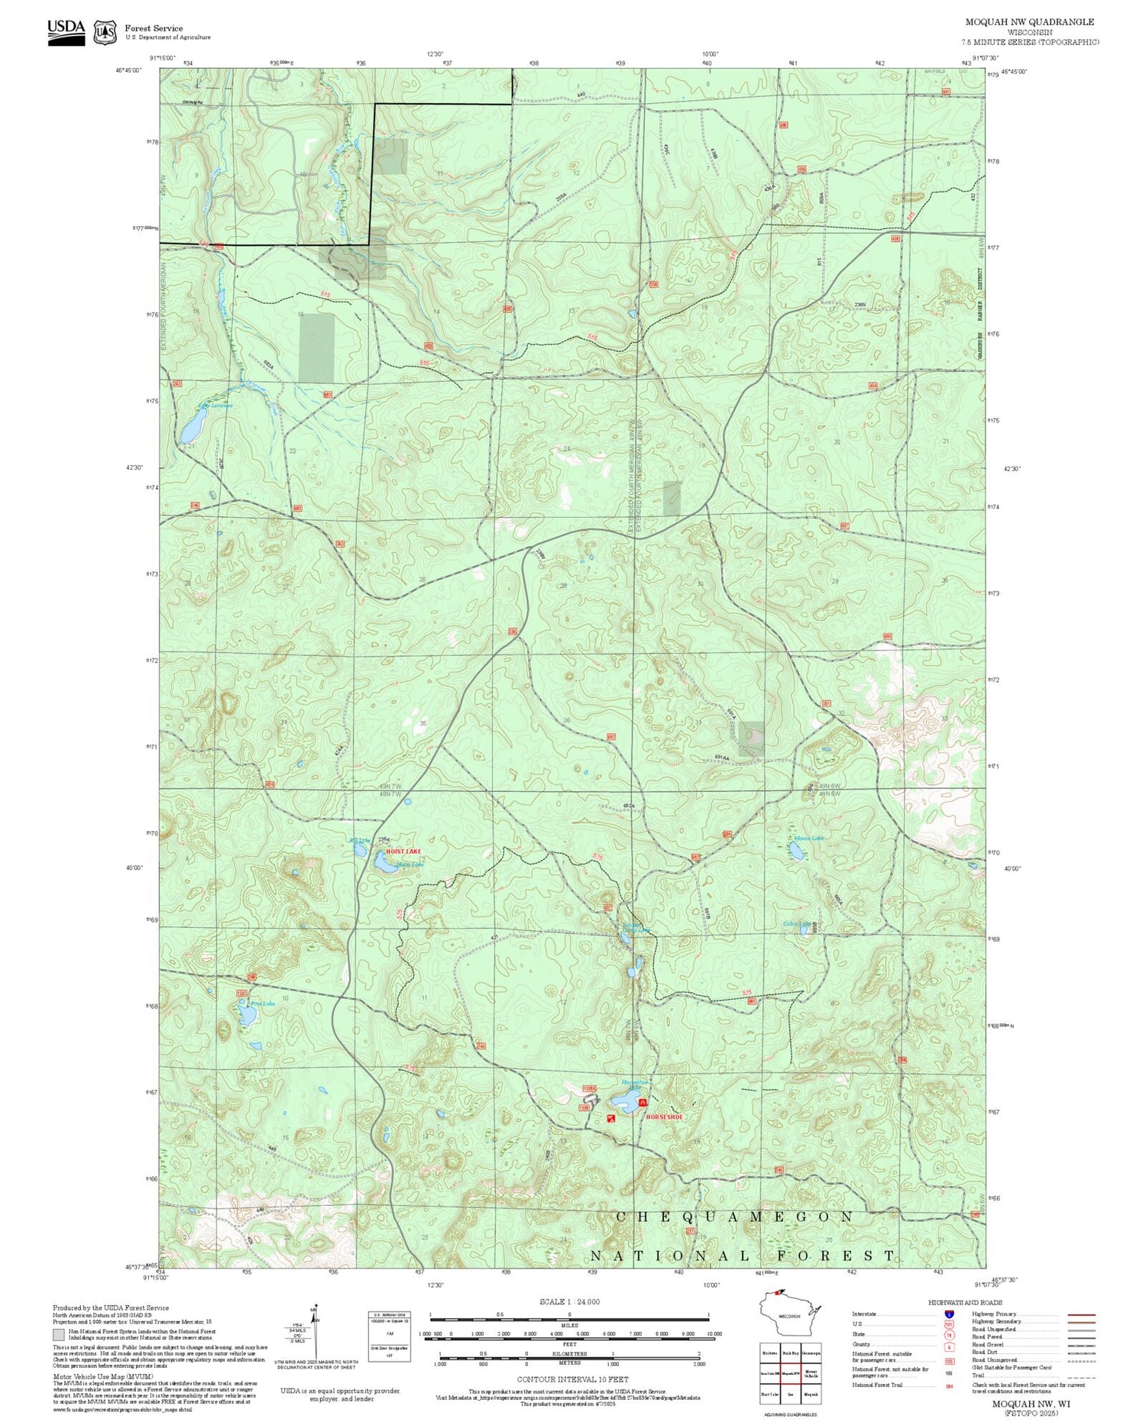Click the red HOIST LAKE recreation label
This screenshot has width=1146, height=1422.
coord(403,850)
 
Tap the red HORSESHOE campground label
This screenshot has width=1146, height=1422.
coord(664,1117)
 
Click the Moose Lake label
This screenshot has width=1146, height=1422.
coord(808,839)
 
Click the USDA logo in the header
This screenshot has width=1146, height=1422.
coord(66,31)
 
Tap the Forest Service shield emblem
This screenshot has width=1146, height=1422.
coord(105,32)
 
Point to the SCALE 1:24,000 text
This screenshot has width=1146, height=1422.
coord(569,1302)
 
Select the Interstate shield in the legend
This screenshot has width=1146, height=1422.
coord(949,1314)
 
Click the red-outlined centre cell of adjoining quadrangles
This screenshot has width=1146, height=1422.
coord(791,1372)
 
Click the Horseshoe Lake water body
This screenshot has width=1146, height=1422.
coord(626,1100)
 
